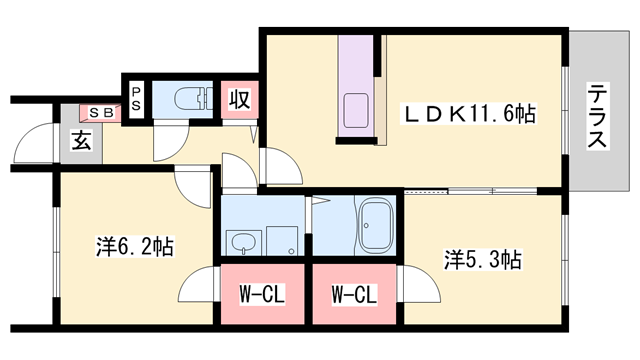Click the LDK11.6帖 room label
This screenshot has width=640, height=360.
[x=468, y=114]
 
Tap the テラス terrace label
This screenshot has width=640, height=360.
[x=597, y=117]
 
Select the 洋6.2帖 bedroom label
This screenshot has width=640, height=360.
[x=135, y=245]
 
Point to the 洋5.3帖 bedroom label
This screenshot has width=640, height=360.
[x=482, y=260]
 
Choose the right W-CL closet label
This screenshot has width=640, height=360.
[x=354, y=295]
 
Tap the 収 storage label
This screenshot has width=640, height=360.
[x=239, y=100]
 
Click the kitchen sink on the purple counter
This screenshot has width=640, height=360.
[x=355, y=109]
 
